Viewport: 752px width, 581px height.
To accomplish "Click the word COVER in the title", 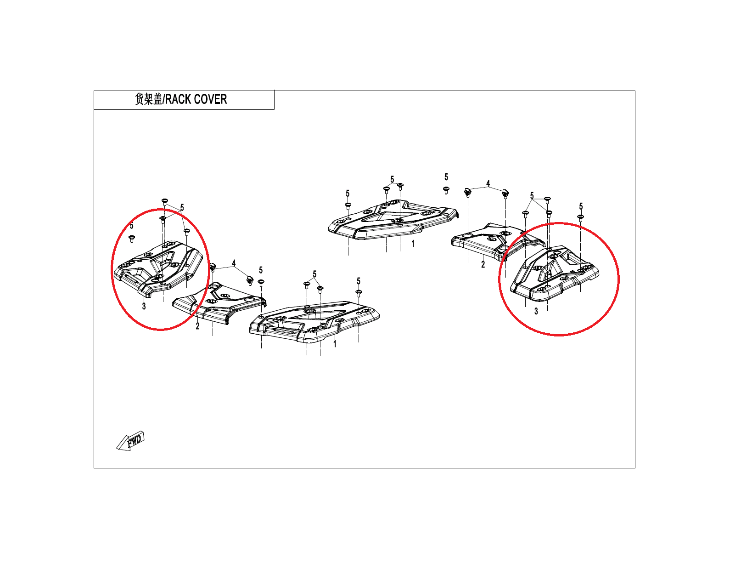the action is tap(210, 99).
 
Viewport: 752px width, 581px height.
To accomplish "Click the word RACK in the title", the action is tap(178, 99).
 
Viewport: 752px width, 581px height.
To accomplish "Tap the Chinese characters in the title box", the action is tap(148, 99).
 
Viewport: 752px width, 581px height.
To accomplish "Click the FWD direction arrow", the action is tap(130, 441).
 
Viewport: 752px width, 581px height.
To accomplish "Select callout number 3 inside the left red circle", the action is tap(144, 306).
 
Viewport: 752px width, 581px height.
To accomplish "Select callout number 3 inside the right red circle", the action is tap(536, 311).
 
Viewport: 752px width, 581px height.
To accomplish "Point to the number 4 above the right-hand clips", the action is tap(488, 183).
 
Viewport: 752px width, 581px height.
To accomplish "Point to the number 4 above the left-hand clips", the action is tap(234, 263).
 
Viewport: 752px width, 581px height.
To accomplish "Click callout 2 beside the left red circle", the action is tap(197, 326).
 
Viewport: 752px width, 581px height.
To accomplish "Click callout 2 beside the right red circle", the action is tap(483, 264).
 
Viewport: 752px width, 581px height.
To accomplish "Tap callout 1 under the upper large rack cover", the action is tap(413, 244).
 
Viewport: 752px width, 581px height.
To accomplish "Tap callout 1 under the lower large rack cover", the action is tap(335, 344).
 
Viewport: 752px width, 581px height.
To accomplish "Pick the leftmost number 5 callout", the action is tap(131, 226).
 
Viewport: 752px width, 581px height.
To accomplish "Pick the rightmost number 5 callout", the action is tap(581, 206).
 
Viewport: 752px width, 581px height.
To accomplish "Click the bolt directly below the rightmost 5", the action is tap(581, 217).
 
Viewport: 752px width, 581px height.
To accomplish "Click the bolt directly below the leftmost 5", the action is tap(131, 238).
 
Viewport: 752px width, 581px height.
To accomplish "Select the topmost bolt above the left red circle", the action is tap(165, 201).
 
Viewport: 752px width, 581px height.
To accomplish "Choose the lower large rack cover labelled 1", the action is tap(314, 322).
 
